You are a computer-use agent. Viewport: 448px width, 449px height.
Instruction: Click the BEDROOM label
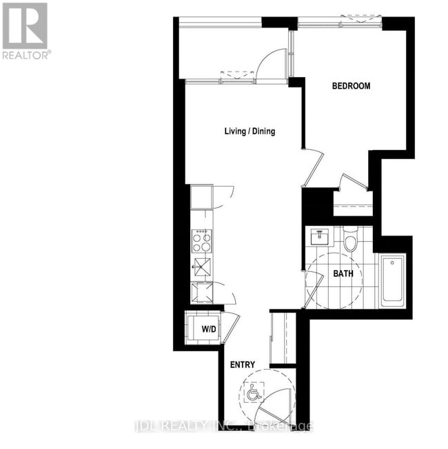[351, 86]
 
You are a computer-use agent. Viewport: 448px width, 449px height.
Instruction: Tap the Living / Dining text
[249, 131]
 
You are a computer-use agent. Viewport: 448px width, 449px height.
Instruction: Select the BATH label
[343, 273]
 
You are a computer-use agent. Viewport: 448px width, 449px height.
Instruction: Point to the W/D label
[209, 328]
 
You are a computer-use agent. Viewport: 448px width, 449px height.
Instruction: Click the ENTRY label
[242, 364]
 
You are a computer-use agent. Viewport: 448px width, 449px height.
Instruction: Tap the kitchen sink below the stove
[202, 267]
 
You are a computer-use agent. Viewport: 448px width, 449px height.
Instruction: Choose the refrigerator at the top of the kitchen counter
[202, 196]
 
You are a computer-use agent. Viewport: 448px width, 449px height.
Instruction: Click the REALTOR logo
[25, 31]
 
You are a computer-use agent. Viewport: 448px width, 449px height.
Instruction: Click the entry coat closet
[282, 337]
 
